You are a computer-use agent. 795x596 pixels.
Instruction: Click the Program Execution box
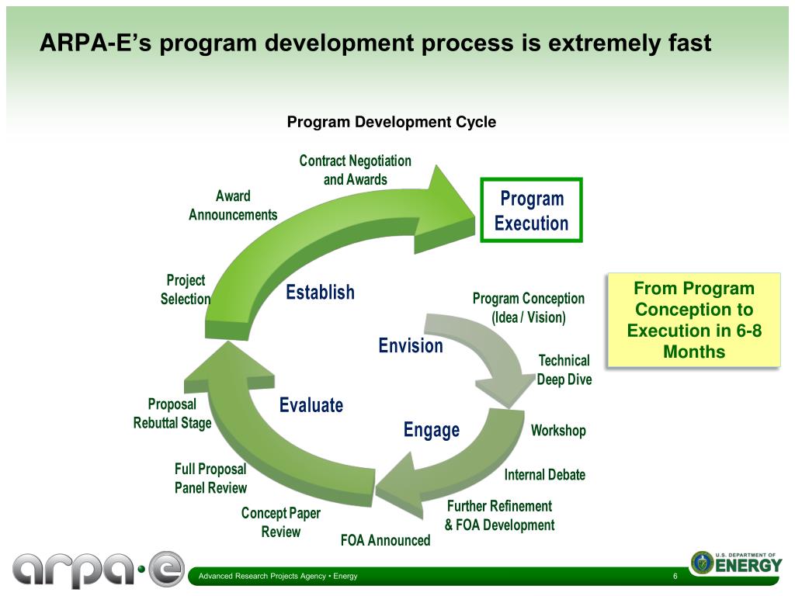pos(531,211)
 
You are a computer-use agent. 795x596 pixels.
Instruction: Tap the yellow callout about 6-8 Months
pos(693,320)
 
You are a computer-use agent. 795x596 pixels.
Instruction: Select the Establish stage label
pos(320,293)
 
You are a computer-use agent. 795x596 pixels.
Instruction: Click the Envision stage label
pos(411,345)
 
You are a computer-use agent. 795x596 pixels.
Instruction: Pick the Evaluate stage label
pos(311,405)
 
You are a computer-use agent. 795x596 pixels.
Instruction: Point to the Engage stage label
pos(431,430)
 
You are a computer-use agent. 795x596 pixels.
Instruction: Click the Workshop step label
pos(558,431)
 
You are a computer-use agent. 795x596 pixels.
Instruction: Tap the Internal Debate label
pos(544,475)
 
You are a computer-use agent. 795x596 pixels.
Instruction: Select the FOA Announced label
pos(385,540)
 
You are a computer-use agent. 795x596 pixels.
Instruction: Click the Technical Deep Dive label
pos(564,370)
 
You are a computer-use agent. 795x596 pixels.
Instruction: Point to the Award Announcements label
pos(233,205)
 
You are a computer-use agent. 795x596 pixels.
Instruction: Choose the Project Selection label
pos(186,289)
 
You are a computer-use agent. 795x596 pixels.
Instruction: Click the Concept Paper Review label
pos(281,522)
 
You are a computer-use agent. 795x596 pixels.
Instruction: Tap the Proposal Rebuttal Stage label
pos(172,414)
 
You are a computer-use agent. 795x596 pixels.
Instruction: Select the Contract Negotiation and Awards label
pos(356,170)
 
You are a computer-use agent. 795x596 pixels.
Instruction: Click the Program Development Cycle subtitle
pos(391,122)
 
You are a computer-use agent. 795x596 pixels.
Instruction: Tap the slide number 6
pos(675,576)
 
